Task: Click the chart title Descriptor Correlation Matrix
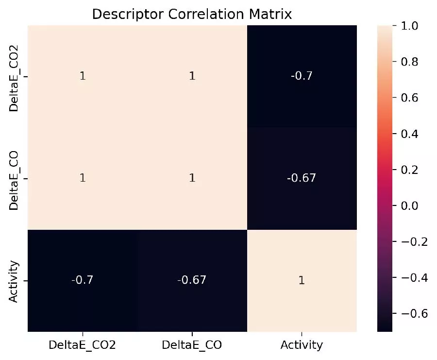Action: (x=192, y=14)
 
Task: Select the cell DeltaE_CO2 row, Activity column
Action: (x=302, y=76)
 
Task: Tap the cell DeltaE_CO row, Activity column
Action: (x=302, y=178)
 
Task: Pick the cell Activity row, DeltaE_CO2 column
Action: (x=83, y=280)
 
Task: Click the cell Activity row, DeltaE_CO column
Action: (x=192, y=280)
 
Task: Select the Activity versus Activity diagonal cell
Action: (x=302, y=280)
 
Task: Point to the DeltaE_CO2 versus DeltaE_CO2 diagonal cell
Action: (x=83, y=76)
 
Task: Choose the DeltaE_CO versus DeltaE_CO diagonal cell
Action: (x=192, y=178)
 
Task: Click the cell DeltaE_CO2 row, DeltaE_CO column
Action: (x=192, y=76)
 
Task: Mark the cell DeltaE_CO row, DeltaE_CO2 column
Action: (x=83, y=178)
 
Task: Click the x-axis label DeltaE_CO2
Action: (x=83, y=345)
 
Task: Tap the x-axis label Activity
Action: (x=302, y=345)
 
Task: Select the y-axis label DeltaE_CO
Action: (x=14, y=178)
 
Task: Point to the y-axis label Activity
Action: (x=14, y=281)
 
